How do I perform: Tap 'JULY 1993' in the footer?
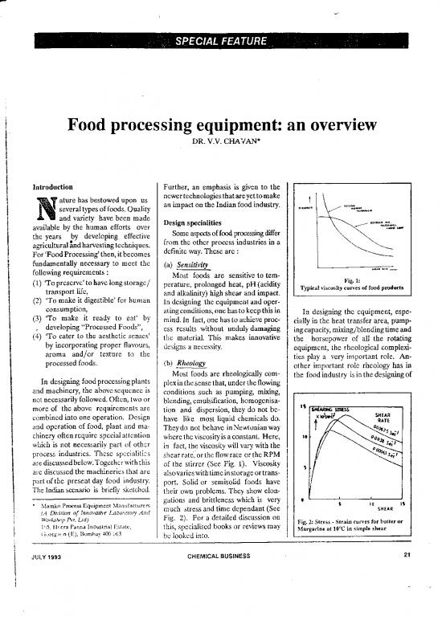tap(39, 599)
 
